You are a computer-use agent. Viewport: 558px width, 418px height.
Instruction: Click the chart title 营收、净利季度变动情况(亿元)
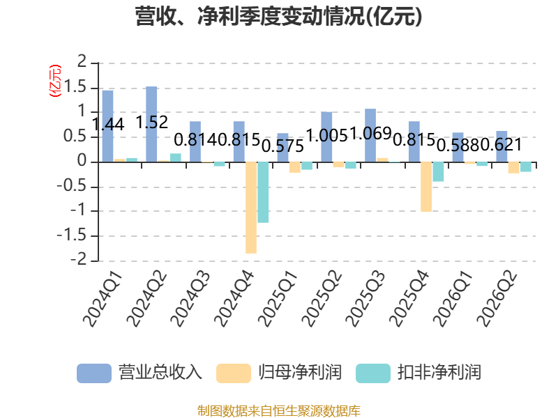(x=278, y=16)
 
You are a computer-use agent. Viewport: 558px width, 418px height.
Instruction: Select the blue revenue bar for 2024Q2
(x=151, y=124)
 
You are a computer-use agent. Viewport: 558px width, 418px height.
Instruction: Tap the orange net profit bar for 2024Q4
(x=251, y=208)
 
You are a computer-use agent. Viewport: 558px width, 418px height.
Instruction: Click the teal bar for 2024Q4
(x=263, y=192)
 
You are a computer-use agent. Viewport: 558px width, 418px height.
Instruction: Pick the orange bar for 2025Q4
(x=426, y=187)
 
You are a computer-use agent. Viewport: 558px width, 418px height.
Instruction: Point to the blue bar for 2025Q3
(x=370, y=135)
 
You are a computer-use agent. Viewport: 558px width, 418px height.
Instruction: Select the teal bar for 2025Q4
(x=438, y=171)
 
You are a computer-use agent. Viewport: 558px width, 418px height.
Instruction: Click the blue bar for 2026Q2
(x=502, y=146)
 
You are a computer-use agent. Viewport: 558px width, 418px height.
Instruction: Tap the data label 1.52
(x=152, y=123)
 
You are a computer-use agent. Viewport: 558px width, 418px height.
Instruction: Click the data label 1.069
(x=371, y=133)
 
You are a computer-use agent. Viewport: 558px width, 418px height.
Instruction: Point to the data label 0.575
(x=283, y=146)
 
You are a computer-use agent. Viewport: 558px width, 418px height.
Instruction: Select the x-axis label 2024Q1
(x=103, y=300)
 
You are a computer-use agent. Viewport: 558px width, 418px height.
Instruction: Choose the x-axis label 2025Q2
(x=322, y=300)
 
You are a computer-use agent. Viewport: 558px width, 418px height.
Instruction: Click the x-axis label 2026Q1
(x=453, y=300)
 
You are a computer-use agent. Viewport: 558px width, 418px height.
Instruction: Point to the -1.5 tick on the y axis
(x=72, y=235)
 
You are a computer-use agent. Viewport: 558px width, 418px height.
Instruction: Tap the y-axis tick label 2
(x=82, y=62)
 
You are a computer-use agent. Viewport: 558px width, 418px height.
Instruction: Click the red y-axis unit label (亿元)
(x=55, y=81)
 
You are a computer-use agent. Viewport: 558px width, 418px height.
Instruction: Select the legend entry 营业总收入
(x=139, y=373)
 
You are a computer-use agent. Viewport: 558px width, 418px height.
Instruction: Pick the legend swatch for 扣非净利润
(x=373, y=373)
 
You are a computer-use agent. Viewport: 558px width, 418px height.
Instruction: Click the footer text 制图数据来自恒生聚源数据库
(x=279, y=411)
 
